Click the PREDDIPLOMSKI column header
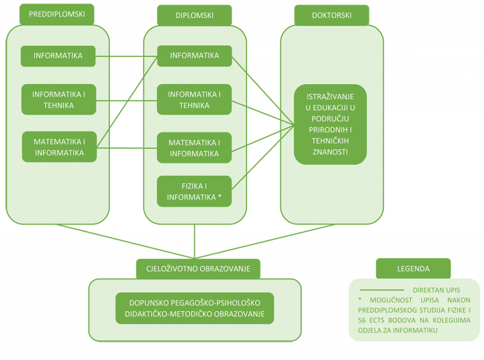click(x=57, y=15)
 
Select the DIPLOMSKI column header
click(x=194, y=15)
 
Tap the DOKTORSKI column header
click(x=331, y=15)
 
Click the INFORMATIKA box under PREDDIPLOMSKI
click(x=58, y=56)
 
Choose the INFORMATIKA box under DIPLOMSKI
click(x=194, y=55)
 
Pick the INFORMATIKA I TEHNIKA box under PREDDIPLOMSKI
click(x=59, y=99)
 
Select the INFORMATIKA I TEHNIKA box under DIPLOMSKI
click(x=194, y=99)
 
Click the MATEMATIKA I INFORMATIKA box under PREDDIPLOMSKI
click(x=59, y=147)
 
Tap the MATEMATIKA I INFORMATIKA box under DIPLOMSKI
click(x=194, y=148)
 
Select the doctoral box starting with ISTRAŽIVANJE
click(x=330, y=124)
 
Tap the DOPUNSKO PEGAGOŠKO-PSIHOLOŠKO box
click(x=194, y=308)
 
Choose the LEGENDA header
click(x=413, y=269)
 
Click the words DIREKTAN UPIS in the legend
click(x=436, y=290)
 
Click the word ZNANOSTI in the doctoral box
click(x=330, y=152)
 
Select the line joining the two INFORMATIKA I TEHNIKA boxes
click(x=126, y=100)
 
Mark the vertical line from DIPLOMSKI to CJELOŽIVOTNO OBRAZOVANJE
click(x=194, y=241)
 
